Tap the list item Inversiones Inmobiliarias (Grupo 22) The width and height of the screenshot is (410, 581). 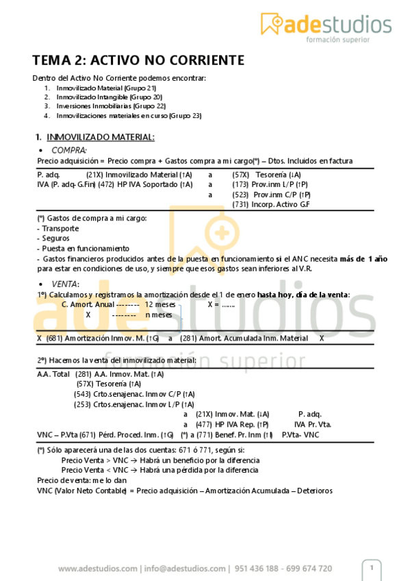111,106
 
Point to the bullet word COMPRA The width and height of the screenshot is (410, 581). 69,149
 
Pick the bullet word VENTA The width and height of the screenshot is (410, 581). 66,284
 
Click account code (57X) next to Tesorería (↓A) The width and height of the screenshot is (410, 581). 241,175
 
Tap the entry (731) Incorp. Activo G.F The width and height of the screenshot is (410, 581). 271,204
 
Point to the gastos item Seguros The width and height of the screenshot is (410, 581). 53,238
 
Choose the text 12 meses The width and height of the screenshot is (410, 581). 160,304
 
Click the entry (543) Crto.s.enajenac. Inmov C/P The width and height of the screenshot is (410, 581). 134,394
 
